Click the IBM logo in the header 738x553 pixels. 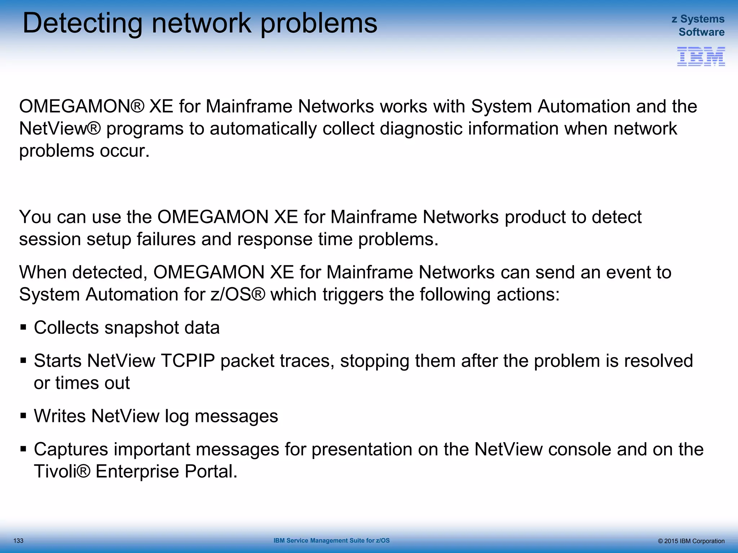(701, 57)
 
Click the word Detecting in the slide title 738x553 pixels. (83, 23)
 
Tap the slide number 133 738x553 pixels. (18, 541)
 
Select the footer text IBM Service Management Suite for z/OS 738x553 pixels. (332, 540)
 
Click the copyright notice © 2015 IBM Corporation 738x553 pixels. (691, 541)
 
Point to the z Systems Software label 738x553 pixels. (698, 26)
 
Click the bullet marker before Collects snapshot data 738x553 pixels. (23, 328)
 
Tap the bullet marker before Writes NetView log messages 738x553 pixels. (23, 416)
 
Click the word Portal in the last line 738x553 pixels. (211, 471)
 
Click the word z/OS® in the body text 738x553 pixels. (238, 295)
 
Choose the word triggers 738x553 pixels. (353, 295)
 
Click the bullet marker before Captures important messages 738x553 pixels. (23, 449)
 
